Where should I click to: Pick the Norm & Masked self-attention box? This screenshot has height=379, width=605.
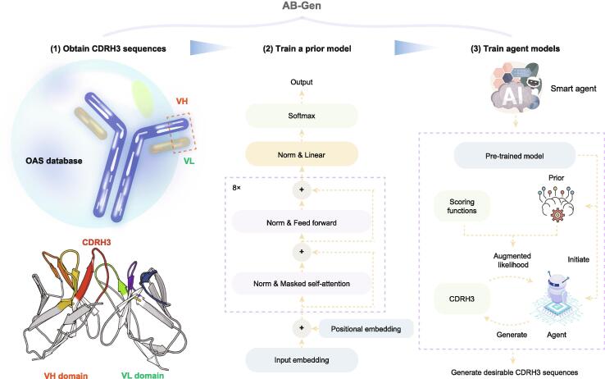tap(302, 283)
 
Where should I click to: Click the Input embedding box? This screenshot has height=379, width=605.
tap(302, 358)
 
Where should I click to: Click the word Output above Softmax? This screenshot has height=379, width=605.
tap(302, 82)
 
